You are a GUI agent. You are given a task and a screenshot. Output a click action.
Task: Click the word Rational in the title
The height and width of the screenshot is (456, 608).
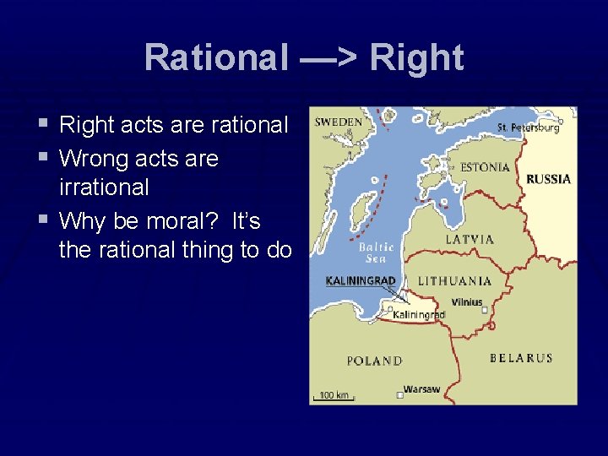[x=216, y=57]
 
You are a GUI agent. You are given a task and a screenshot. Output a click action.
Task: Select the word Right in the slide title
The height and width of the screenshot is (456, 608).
[x=417, y=57]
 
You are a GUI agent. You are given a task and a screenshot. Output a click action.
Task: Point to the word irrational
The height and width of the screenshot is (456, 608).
[x=104, y=187]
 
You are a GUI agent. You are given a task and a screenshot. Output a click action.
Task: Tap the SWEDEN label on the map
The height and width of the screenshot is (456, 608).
[x=339, y=122]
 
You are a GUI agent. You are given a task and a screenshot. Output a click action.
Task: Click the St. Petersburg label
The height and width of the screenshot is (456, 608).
[x=528, y=128]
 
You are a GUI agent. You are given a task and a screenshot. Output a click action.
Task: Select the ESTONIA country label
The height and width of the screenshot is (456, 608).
[x=486, y=167]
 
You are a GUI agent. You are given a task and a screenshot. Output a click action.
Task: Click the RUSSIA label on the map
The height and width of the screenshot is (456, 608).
[x=548, y=179]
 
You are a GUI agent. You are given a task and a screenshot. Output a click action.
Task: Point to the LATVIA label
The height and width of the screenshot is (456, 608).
[x=470, y=240]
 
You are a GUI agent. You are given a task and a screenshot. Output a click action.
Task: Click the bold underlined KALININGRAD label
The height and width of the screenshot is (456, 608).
[x=361, y=281]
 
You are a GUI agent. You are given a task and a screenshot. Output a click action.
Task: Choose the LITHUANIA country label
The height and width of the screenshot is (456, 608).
[x=455, y=281]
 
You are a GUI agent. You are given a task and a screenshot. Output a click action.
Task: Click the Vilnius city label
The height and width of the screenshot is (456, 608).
[x=467, y=301]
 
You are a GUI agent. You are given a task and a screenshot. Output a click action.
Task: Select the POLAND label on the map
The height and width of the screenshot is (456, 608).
[x=374, y=361]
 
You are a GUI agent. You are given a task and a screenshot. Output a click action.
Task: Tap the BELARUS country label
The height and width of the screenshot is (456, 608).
[x=521, y=358]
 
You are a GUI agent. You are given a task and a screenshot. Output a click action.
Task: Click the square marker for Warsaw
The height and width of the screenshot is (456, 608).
[x=400, y=394]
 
